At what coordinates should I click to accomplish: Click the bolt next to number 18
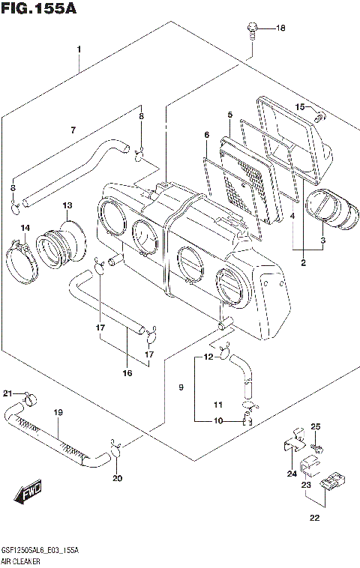[253, 30]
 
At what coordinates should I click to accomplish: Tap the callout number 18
[281, 29]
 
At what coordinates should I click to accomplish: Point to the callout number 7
[73, 130]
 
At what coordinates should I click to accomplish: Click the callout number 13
[67, 205]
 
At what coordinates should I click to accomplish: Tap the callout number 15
[298, 108]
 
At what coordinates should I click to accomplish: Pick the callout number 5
[229, 114]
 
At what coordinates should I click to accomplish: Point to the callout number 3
[323, 241]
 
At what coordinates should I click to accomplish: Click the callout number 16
[127, 372]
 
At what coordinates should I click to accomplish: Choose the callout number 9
[180, 387]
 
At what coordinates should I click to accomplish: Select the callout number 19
[57, 412]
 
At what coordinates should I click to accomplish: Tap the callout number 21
[7, 393]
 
